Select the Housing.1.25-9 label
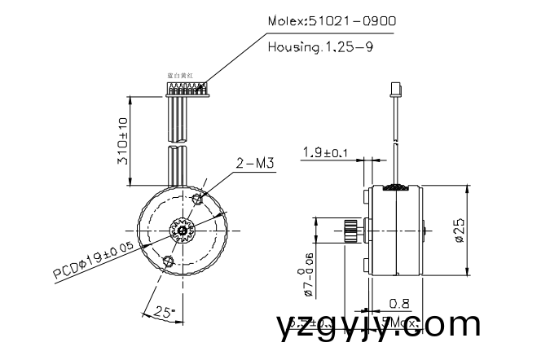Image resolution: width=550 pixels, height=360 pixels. tap(320, 47)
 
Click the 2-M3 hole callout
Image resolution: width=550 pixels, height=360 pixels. tap(253, 164)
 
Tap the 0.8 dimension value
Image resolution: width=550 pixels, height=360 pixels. tap(398, 303)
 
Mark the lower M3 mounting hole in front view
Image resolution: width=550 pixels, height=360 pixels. tap(169, 261)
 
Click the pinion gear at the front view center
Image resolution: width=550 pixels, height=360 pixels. tap(182, 230)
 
